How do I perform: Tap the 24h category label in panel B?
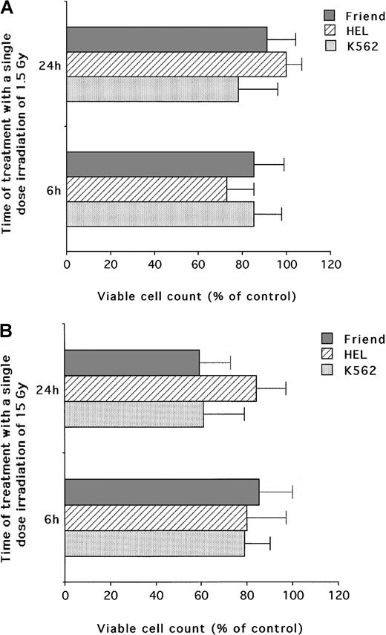tap(48, 388)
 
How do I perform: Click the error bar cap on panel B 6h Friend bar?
tap(292, 492)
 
